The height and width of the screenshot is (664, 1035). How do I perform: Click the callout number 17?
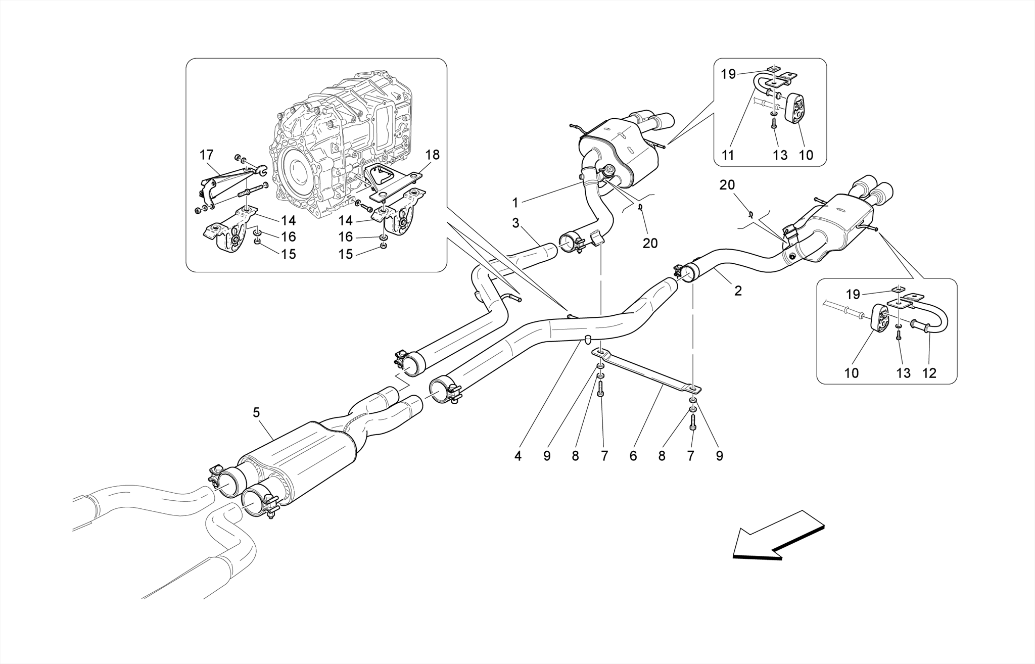207,155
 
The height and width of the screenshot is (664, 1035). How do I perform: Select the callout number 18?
433,155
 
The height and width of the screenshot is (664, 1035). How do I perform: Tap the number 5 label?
256,413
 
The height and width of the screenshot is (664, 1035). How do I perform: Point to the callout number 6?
633,456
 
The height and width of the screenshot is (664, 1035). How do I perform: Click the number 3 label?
515,223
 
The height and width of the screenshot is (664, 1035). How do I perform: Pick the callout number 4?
517,456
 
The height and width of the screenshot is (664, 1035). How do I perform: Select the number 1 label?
515,203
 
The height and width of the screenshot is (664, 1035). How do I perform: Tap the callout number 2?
738,291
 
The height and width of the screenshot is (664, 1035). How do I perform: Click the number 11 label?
727,155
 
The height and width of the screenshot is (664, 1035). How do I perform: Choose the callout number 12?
929,373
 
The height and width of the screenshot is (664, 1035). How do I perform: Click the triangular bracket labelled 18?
392,182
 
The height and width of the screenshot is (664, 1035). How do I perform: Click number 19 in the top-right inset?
728,75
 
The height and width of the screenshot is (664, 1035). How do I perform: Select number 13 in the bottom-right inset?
903,373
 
